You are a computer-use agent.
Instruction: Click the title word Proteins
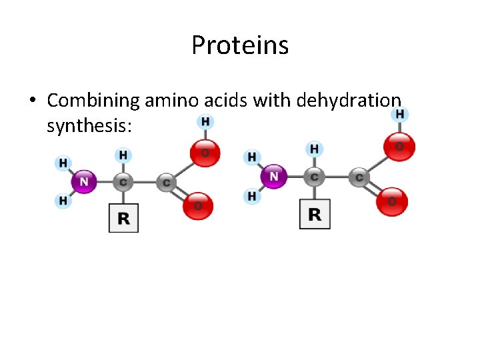240,45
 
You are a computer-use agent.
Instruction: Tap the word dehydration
349,101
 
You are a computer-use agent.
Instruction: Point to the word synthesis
85,124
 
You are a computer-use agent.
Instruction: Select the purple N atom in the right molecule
274,177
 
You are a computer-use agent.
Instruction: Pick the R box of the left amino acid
123,218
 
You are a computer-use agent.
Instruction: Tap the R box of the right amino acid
315,214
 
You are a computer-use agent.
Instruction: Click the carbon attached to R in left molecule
123,181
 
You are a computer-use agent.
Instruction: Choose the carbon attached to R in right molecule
314,177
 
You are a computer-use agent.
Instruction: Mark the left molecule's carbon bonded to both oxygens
165,181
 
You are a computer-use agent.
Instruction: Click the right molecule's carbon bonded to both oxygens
359,177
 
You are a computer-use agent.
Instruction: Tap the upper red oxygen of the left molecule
204,153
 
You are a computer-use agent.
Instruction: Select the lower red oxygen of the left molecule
198,205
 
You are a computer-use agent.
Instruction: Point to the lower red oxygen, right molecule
391,201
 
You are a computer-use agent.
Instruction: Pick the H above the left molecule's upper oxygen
205,121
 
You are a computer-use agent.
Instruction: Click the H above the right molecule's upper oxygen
399,114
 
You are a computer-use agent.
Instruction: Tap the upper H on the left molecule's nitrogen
63,163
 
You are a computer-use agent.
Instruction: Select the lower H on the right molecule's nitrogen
251,197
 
